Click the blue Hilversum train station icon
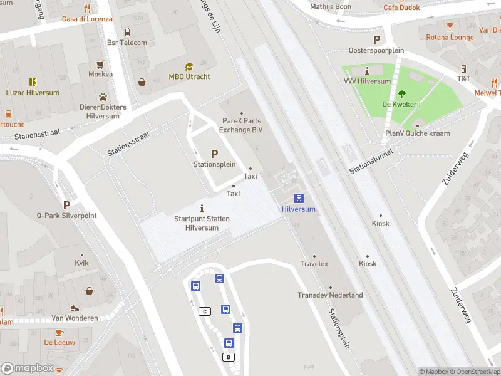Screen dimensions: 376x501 tap(299, 198)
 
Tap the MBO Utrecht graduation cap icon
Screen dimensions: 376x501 tap(189, 67)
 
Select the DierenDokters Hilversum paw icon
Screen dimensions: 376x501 tap(102, 97)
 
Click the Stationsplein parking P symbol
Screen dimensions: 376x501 tap(214, 154)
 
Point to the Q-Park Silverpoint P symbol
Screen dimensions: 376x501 tap(66, 205)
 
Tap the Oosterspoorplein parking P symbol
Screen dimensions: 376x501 tap(376, 39)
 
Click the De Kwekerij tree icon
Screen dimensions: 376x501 tap(401, 94)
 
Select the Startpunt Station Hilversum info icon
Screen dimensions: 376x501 tap(202, 208)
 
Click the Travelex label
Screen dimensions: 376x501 tap(314, 264)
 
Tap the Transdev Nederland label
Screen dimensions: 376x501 tap(330, 295)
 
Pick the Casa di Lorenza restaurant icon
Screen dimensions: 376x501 tap(87, 9)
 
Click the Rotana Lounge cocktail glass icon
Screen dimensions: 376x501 tap(450, 27)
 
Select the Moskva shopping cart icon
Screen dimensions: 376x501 tap(100, 64)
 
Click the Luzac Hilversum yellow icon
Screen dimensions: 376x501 tap(33, 82)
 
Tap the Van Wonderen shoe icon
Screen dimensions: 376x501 tap(75, 308)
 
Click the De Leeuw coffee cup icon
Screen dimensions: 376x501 tap(59, 332)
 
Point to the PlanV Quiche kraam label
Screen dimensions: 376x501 tap(417, 133)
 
